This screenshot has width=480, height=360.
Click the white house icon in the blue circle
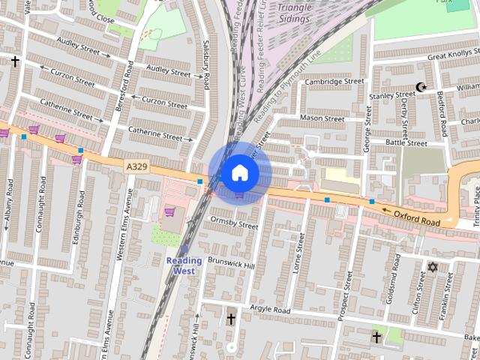click(239, 172)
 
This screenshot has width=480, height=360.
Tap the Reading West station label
click(184, 265)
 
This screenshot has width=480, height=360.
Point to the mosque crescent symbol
click(421, 87)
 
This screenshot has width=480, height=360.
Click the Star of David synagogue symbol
click(432, 266)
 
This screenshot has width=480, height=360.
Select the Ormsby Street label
click(234, 223)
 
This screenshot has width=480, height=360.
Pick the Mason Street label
click(322, 118)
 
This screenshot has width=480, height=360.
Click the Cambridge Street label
click(334, 82)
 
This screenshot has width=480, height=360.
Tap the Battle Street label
click(406, 142)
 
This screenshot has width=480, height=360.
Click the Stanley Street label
click(391, 95)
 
